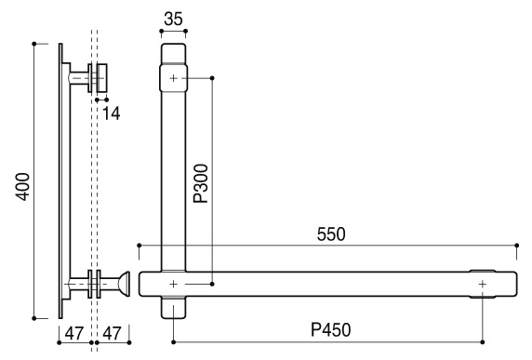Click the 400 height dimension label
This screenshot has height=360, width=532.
click(x=23, y=187)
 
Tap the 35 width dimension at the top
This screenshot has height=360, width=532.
click(x=173, y=19)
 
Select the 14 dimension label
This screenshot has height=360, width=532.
click(x=111, y=113)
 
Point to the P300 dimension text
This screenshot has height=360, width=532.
click(x=201, y=183)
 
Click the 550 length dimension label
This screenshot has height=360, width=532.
click(x=331, y=234)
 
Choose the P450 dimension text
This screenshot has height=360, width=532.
click(x=331, y=330)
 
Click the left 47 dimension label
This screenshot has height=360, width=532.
click(x=74, y=334)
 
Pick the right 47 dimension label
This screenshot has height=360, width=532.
click(x=112, y=334)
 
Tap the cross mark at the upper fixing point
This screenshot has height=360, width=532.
click(x=173, y=78)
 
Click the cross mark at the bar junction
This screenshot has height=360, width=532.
click(x=173, y=284)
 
